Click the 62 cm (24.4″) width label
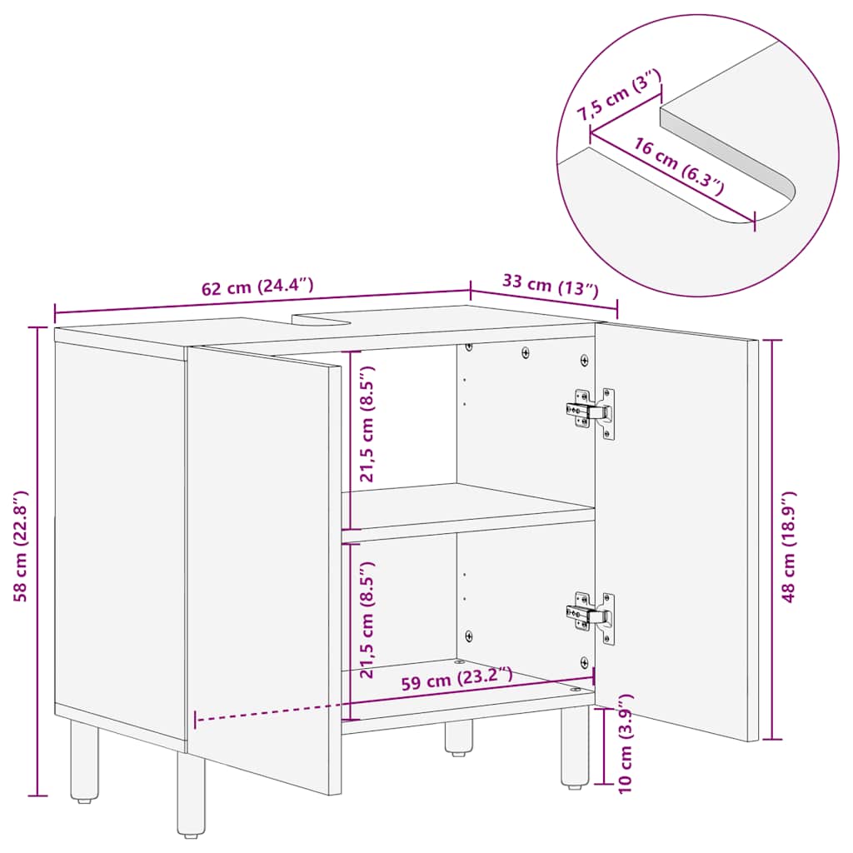(x=257, y=288)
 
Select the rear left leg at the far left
(x=83, y=761)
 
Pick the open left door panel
(x=262, y=566)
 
